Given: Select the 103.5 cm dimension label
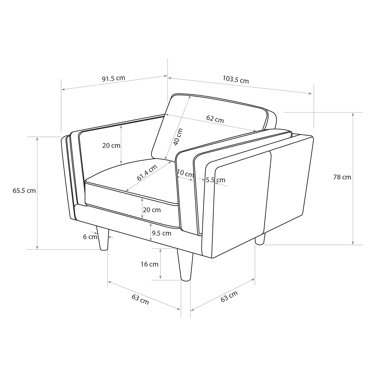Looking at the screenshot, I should coord(236,79).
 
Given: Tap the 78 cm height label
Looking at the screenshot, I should coord(342,177).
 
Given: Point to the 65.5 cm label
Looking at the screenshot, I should coord(24,191).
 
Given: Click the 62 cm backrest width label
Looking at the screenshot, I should coord(215,119).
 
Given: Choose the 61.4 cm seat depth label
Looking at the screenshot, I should coord(147,173).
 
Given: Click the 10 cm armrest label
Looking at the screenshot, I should coord(185,173).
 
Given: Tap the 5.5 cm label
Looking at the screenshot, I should coord(216,180).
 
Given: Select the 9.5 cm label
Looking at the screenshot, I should coord(161,233).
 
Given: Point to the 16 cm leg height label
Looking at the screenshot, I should coord(149,264).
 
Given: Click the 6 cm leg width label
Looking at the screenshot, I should coord(90,237).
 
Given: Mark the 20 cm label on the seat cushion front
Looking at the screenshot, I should coord(152,210).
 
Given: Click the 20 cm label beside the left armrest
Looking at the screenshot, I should coord(111,145).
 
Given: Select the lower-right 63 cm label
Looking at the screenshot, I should coord(229,297).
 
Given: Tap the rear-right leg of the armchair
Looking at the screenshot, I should coord(260,239).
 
